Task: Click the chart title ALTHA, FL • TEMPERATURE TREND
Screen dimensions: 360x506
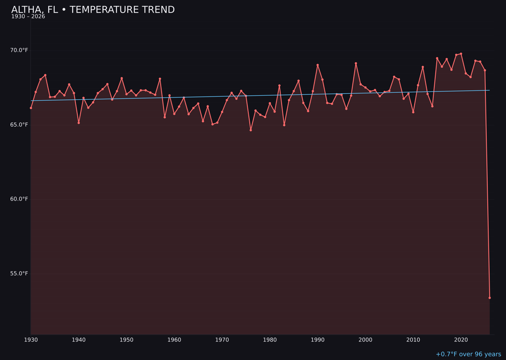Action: click(93, 10)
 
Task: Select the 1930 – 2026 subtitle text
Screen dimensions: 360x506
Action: click(28, 17)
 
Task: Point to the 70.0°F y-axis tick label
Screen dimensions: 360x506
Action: click(19, 50)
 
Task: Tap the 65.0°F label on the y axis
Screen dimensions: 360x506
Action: click(19, 125)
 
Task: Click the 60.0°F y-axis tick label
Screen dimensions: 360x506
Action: click(19, 199)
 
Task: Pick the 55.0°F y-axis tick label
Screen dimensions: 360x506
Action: click(19, 273)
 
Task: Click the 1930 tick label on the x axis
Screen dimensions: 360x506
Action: click(31, 339)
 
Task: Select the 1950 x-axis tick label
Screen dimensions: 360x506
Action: click(126, 339)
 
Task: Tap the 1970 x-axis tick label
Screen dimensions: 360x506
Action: click(222, 339)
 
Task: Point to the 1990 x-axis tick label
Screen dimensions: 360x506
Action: click(318, 339)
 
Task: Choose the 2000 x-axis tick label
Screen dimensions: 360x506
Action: click(365, 339)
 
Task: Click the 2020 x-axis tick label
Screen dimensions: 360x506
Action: click(461, 339)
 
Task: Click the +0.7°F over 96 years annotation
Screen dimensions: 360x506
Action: click(468, 354)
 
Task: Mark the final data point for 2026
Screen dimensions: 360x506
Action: click(490, 298)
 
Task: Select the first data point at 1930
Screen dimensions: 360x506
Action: click(31, 108)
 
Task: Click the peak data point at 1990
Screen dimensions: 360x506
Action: click(318, 65)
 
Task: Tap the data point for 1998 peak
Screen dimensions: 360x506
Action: click(356, 63)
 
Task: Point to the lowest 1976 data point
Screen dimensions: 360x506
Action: click(251, 130)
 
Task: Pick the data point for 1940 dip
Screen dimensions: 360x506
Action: click(79, 123)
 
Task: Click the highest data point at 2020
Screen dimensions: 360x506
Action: click(461, 53)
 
